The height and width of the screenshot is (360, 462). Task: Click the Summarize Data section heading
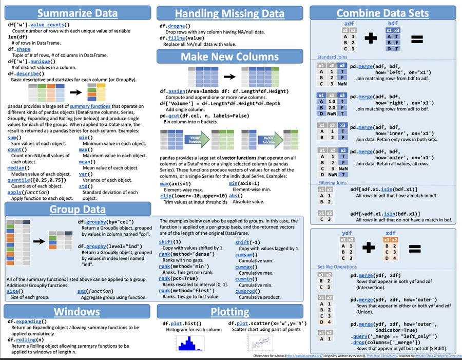[78, 13]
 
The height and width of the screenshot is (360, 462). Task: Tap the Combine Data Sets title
[383, 13]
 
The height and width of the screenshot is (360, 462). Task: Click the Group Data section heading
[78, 209]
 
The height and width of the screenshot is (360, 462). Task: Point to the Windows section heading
[78, 311]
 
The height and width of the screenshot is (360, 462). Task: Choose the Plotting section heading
[229, 311]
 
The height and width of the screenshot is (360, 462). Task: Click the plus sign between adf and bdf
[371, 38]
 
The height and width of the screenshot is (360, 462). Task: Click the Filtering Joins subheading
[332, 182]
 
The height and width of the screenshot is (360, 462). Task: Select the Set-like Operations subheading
[337, 267]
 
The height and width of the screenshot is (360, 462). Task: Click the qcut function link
[175, 116]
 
